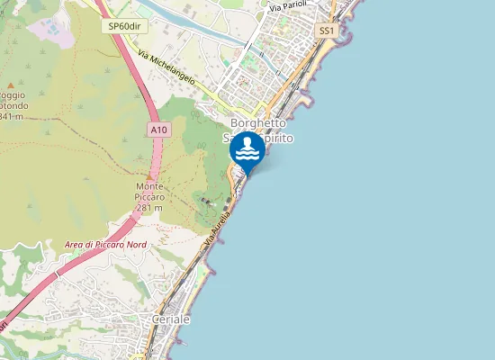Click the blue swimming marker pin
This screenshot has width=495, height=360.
tap(247, 148)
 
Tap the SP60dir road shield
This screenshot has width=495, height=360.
tap(123, 26)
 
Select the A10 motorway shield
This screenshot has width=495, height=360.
tap(157, 130)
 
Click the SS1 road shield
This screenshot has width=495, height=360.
tap(326, 31)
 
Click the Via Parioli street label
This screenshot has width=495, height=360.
tap(288, 6)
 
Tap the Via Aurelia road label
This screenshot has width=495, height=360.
tap(218, 229)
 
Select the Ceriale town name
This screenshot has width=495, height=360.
tap(171, 320)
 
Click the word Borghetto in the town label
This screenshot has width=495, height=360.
tap(258, 123)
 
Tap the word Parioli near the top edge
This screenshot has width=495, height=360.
tap(294, 6)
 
